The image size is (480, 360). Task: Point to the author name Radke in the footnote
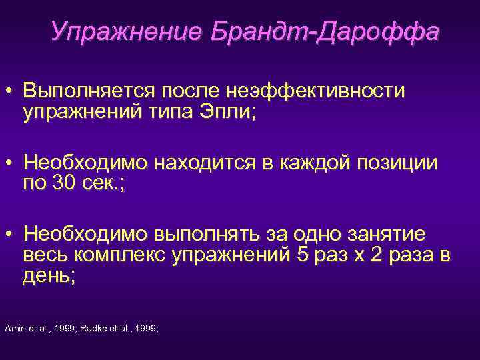click(92, 328)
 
